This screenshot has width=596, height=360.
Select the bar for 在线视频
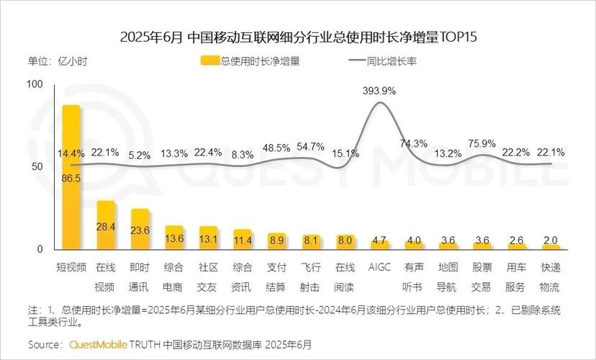(x=106, y=225)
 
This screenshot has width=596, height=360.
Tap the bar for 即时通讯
(x=140, y=229)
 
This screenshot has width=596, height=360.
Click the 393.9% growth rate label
(x=379, y=91)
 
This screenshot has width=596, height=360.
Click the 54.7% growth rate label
(x=310, y=147)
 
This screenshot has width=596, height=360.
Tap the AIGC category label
(x=379, y=267)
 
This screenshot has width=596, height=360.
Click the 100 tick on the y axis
(x=35, y=84)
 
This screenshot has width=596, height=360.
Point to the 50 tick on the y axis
(x=37, y=166)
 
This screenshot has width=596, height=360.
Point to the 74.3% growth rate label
(x=414, y=143)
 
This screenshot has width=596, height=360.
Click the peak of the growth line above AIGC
(x=380, y=102)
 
